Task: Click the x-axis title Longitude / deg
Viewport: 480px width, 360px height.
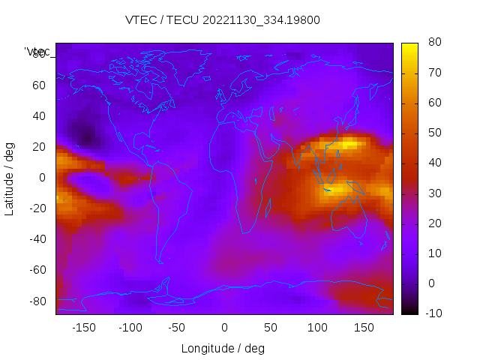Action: [223, 349]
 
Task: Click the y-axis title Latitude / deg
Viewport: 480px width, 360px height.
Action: [10, 178]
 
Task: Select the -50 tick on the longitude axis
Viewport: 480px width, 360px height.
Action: [177, 328]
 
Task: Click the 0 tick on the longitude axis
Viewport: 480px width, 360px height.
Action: [223, 328]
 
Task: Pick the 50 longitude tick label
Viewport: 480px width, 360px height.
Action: [270, 328]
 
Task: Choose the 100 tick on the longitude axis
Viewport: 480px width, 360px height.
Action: [317, 328]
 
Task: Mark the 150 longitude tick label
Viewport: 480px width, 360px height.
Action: [364, 328]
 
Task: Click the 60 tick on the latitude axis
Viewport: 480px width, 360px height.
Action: [39, 85]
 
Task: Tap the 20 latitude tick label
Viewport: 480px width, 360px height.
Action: [39, 147]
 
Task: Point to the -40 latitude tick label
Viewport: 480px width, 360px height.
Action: [37, 239]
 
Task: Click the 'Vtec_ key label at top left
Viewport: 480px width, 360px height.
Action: [37, 52]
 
